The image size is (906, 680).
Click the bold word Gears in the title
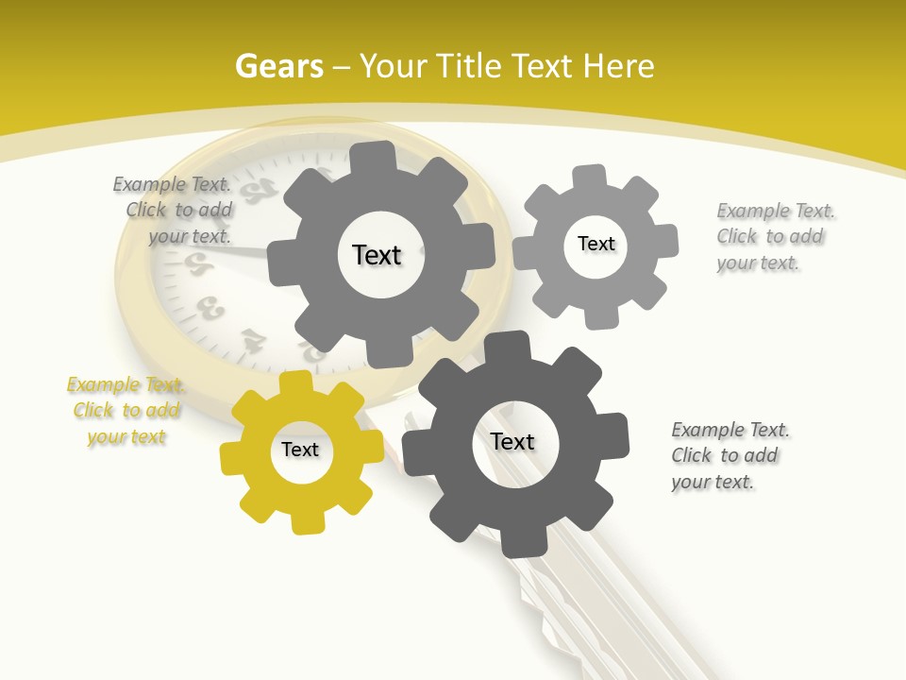(278, 66)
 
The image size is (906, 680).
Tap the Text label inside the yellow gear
(300, 450)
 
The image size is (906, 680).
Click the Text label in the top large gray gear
(377, 255)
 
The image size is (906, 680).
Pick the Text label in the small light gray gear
(596, 244)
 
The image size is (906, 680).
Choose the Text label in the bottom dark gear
(512, 441)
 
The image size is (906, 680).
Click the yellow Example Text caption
(126, 411)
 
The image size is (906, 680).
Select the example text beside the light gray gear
(775, 236)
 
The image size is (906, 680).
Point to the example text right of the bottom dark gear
(730, 455)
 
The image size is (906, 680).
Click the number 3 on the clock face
(213, 307)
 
